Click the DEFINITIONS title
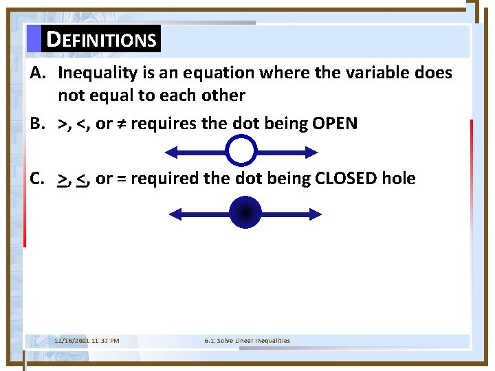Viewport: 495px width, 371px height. pyautogui.click(x=101, y=40)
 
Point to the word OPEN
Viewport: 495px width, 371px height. pyautogui.click(x=334, y=124)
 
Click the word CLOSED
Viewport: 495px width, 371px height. pyautogui.click(x=346, y=179)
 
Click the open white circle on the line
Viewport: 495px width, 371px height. pyautogui.click(x=241, y=151)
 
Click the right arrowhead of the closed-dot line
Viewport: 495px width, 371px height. pyautogui.click(x=315, y=214)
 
